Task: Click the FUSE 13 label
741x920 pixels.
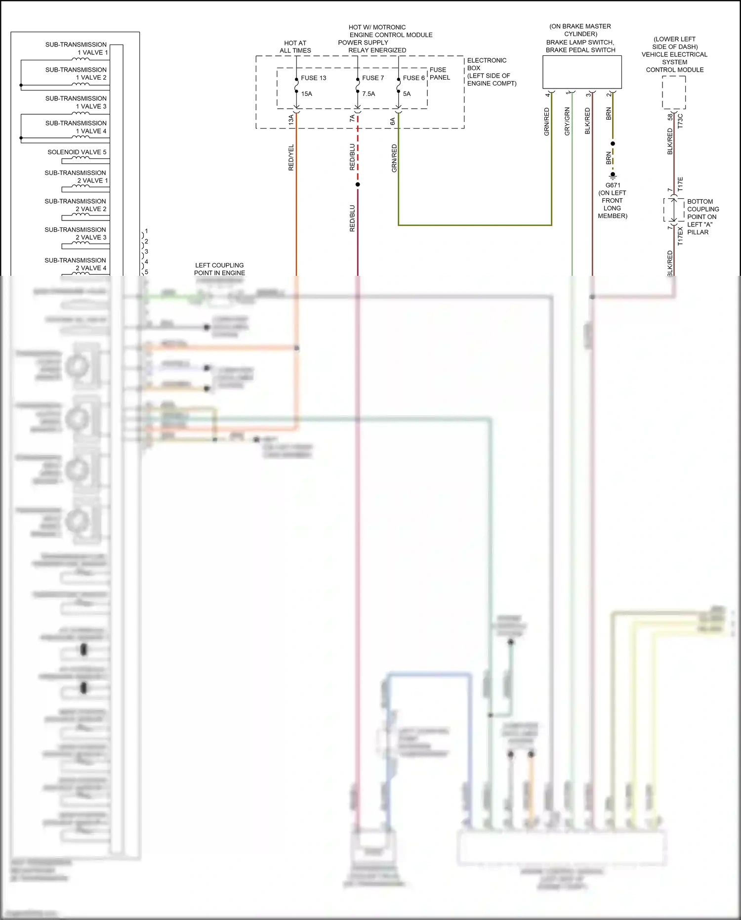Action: click(313, 78)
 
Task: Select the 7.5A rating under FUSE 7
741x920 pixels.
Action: click(369, 94)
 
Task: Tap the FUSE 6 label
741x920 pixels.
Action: click(413, 78)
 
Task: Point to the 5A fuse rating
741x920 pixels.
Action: click(407, 94)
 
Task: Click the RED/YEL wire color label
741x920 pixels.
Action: click(291, 158)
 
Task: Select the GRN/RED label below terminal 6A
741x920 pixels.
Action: click(394, 158)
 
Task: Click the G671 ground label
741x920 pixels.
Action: click(613, 185)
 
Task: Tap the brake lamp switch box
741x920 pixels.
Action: click(582, 72)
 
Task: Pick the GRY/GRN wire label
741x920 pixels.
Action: click(567, 122)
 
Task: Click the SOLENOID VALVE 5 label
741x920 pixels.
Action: click(77, 152)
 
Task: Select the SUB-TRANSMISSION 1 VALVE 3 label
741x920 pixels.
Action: click(76, 102)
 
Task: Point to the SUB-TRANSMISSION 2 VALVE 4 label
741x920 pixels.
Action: click(75, 264)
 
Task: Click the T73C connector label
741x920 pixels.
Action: click(680, 122)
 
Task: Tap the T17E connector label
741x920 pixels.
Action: click(680, 184)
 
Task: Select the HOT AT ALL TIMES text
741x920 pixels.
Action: click(295, 47)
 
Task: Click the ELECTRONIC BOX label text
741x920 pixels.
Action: click(487, 64)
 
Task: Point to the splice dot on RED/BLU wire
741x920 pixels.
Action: click(358, 184)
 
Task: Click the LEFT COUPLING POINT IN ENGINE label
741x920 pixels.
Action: click(219, 269)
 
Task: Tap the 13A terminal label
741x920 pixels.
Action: click(291, 119)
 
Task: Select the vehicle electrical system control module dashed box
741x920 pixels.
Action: click(674, 92)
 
